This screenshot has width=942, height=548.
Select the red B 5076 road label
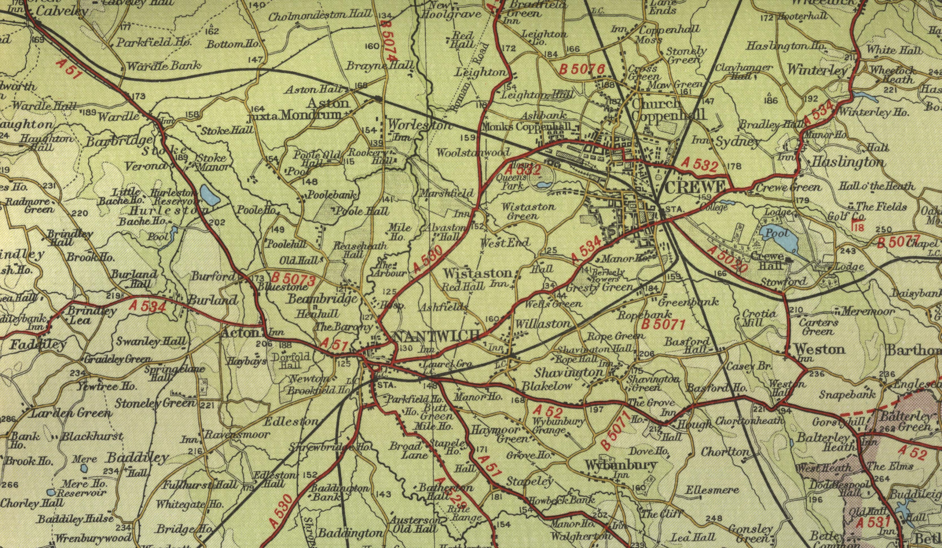[x=582, y=69]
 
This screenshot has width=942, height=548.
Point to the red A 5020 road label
[x=727, y=259]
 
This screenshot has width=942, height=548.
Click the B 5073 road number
[x=293, y=279]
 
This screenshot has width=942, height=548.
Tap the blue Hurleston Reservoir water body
[x=211, y=195]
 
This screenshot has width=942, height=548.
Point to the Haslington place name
[x=848, y=163]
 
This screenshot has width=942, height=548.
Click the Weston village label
[x=819, y=349]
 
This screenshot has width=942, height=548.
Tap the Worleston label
[x=420, y=126]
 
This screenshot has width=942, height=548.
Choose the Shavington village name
[x=568, y=373]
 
